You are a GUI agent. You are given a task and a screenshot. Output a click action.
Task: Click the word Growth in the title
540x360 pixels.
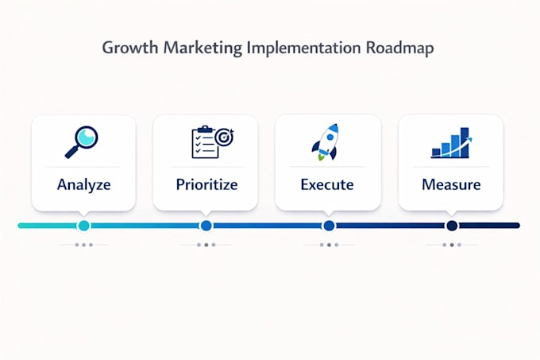(x=129, y=48)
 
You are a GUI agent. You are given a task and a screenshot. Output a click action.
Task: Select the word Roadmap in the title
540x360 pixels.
(x=399, y=48)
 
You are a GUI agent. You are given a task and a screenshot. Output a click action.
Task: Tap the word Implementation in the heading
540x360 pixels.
(x=303, y=48)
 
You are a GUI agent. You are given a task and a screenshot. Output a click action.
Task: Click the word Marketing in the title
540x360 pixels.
(x=202, y=48)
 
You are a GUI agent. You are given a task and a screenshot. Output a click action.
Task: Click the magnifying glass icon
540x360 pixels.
(x=82, y=142)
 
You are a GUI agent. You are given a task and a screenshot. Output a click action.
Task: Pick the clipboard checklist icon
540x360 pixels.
(x=213, y=142)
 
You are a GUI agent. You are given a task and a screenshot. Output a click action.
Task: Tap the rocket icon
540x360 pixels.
(x=326, y=142)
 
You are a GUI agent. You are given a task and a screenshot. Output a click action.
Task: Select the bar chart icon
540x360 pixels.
(x=452, y=142)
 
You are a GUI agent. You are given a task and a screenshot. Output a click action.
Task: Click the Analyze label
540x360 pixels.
(x=84, y=184)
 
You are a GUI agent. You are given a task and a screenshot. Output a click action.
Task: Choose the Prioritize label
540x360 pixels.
(x=206, y=184)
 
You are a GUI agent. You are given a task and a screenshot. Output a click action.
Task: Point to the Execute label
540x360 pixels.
(x=327, y=184)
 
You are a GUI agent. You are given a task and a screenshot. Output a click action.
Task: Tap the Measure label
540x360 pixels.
(x=451, y=184)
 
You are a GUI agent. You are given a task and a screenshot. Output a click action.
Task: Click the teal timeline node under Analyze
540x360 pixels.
(x=83, y=226)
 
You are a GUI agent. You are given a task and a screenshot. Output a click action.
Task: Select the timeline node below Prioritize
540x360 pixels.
(x=206, y=226)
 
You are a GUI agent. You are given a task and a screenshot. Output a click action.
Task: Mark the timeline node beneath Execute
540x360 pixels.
(x=329, y=226)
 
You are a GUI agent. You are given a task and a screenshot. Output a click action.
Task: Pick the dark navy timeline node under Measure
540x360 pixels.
(x=452, y=226)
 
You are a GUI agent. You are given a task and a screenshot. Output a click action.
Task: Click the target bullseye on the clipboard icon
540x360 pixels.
(x=224, y=137)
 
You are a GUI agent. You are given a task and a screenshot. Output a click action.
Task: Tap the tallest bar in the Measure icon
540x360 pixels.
(x=465, y=142)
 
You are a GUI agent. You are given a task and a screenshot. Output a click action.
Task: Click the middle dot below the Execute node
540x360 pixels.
(x=329, y=245)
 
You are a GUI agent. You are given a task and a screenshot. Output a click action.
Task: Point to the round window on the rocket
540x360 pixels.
(x=330, y=137)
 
